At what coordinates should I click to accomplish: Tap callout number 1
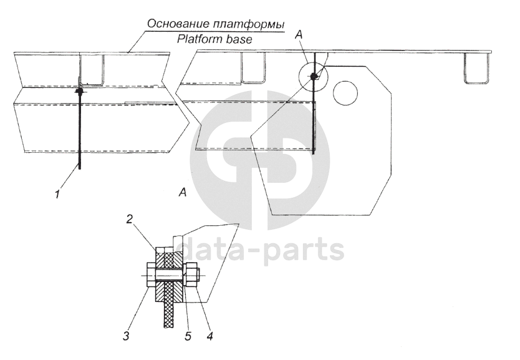pos(57,194)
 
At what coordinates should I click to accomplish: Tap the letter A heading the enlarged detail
pos(182,193)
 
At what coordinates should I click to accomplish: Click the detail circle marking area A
pos(312,76)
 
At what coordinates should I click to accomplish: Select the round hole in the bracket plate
pos(345,94)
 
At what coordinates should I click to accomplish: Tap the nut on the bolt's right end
pos(192,275)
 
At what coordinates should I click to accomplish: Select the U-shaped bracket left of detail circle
pos(253,68)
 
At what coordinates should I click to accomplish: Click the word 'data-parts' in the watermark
pos(262,251)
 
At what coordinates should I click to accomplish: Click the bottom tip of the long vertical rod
pos(80,167)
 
